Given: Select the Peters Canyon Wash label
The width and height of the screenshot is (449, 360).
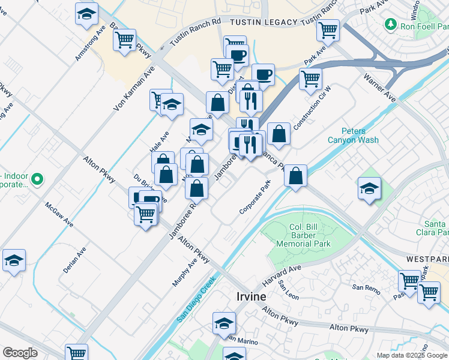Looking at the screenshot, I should [352, 136].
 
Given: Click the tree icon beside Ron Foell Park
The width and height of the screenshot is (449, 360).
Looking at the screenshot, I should [391, 24].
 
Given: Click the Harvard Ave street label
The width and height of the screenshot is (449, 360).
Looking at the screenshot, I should [282, 275].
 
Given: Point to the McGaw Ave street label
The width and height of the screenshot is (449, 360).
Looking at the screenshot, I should [59, 214].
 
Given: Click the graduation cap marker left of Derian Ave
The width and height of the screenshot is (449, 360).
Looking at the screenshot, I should [14, 260].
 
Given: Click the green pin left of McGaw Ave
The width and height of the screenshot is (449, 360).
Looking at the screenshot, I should [37, 179].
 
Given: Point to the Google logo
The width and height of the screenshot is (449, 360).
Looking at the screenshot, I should [20, 353].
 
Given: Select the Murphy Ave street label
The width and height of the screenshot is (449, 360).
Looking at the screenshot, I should [184, 272].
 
